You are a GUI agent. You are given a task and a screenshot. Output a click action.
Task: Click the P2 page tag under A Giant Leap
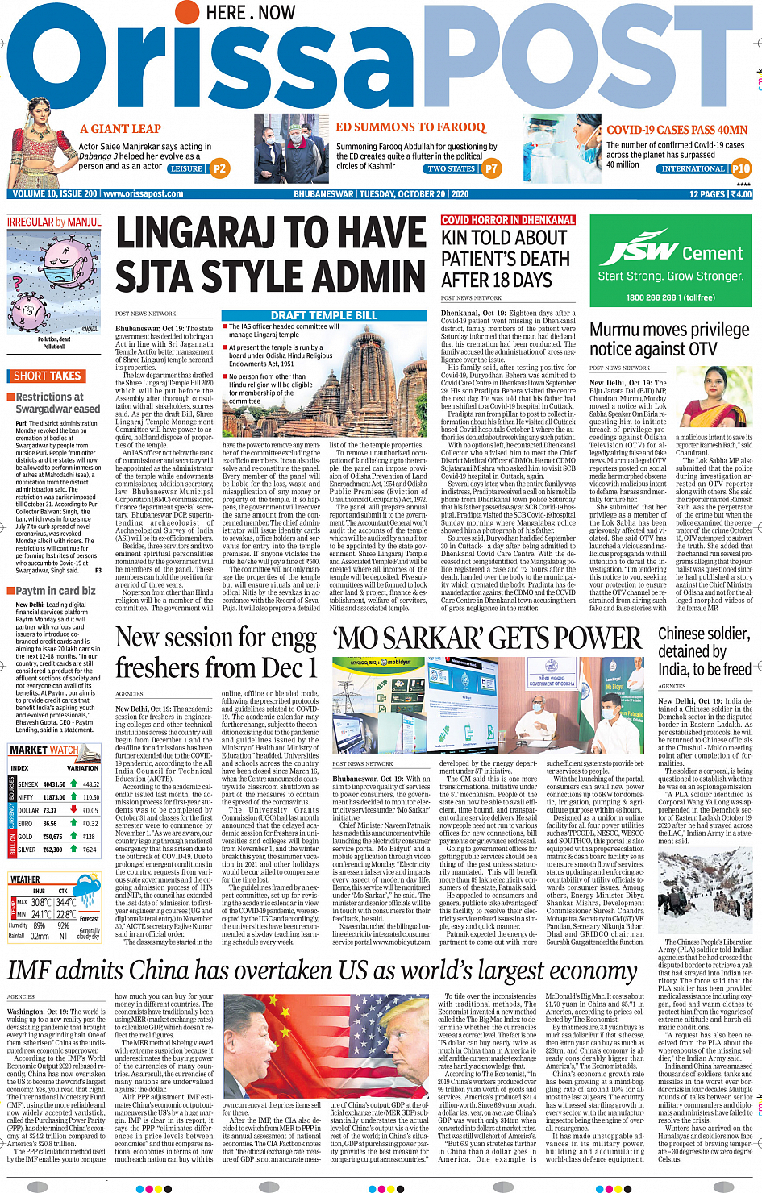pos(219,168)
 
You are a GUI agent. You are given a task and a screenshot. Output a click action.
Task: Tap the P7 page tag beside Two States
pos(491,168)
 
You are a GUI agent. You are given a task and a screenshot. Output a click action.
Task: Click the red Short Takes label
pos(47,376)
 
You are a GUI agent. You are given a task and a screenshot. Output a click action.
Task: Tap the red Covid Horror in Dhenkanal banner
pos(508,220)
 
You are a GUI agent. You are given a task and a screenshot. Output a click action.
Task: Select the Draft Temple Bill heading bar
pos(324,315)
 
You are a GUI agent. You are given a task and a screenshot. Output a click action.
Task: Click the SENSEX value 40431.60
pos(54,784)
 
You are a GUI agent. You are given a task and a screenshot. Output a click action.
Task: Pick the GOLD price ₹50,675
pos(52,837)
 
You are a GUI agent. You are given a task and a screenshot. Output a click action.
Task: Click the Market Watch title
pos(44,750)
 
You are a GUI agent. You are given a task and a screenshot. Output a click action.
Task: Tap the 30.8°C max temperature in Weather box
pos(40,902)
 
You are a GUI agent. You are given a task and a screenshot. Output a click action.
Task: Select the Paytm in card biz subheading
pos(56,591)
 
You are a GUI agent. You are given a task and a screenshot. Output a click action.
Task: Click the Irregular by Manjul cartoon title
pos(54,222)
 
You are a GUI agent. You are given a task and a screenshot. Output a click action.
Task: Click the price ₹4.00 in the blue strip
pos(741,194)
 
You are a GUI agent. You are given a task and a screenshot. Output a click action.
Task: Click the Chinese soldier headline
pos(705,651)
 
